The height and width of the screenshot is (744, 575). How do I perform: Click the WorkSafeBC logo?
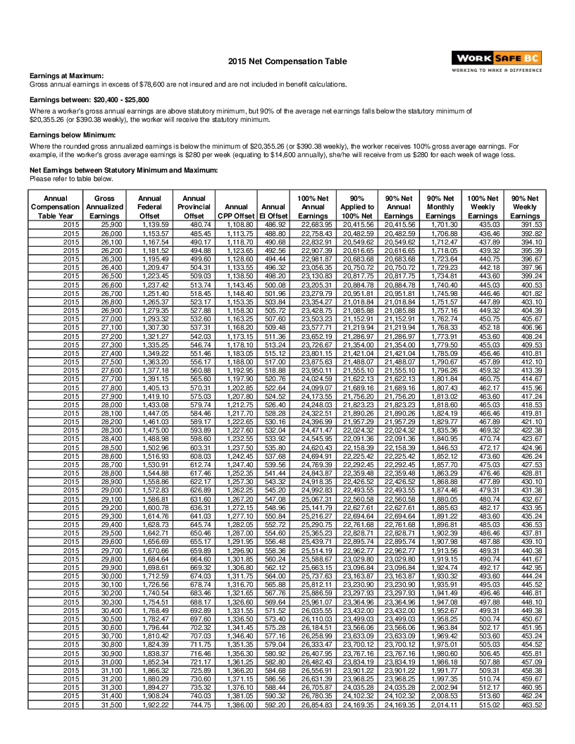497,62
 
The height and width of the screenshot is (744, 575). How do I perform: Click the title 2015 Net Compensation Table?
287,62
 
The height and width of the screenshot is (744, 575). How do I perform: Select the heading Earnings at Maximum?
66,76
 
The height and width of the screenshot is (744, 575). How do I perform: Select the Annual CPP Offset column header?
236,207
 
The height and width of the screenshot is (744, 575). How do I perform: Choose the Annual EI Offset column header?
273,207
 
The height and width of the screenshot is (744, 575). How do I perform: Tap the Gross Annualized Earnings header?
104,207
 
